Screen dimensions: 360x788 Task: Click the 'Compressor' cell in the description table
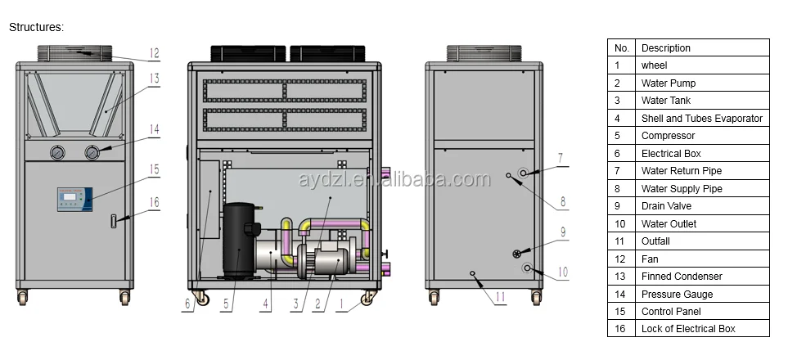(x=668, y=136)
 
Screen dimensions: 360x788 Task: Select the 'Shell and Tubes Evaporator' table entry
(x=701, y=119)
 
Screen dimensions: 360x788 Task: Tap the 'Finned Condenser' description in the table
(x=682, y=277)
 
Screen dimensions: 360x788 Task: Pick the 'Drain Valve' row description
(x=664, y=206)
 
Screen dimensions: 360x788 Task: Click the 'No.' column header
(x=622, y=48)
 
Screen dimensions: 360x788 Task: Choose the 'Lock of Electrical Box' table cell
(x=687, y=329)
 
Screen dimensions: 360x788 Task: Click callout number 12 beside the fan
(x=154, y=54)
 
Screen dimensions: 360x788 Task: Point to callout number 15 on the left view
(x=154, y=169)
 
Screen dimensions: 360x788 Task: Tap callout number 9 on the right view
(x=562, y=232)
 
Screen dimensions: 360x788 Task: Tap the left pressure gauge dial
(x=56, y=151)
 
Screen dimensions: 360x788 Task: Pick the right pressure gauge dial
(x=92, y=151)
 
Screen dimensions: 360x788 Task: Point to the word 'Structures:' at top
(x=36, y=27)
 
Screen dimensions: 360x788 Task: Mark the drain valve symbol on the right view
(x=517, y=253)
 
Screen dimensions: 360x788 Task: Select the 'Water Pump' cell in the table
(x=668, y=83)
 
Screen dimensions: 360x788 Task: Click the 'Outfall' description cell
(x=655, y=241)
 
